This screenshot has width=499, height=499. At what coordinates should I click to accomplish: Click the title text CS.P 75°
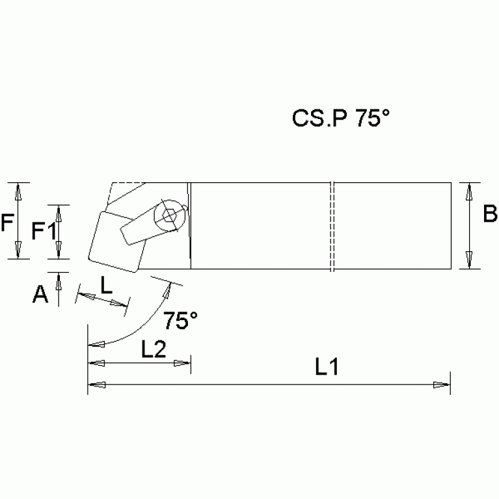pyautogui.click(x=340, y=118)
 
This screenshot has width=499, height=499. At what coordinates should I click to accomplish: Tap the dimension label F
pyautogui.click(x=8, y=224)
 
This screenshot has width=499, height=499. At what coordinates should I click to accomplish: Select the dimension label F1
pyautogui.click(x=43, y=230)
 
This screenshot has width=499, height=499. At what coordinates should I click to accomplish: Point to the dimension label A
pyautogui.click(x=41, y=295)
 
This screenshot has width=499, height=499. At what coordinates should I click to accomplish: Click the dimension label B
pyautogui.click(x=490, y=214)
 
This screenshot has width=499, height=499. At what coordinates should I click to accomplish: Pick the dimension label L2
pyautogui.click(x=154, y=349)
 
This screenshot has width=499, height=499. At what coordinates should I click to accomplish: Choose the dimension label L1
pyautogui.click(x=327, y=368)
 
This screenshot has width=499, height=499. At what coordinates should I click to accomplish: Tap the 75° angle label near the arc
pyautogui.click(x=180, y=321)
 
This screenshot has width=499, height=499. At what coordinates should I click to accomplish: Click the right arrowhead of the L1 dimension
pyautogui.click(x=442, y=386)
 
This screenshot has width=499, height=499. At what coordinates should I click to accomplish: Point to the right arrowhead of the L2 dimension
pyautogui.click(x=183, y=362)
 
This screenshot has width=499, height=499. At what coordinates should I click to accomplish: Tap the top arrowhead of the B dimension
pyautogui.click(x=469, y=191)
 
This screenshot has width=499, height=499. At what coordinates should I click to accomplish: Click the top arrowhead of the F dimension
pyautogui.click(x=19, y=191)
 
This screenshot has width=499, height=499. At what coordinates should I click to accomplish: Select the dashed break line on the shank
pyautogui.click(x=332, y=226)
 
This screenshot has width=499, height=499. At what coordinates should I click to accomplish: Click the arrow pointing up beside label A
pyautogui.click(x=59, y=281)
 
